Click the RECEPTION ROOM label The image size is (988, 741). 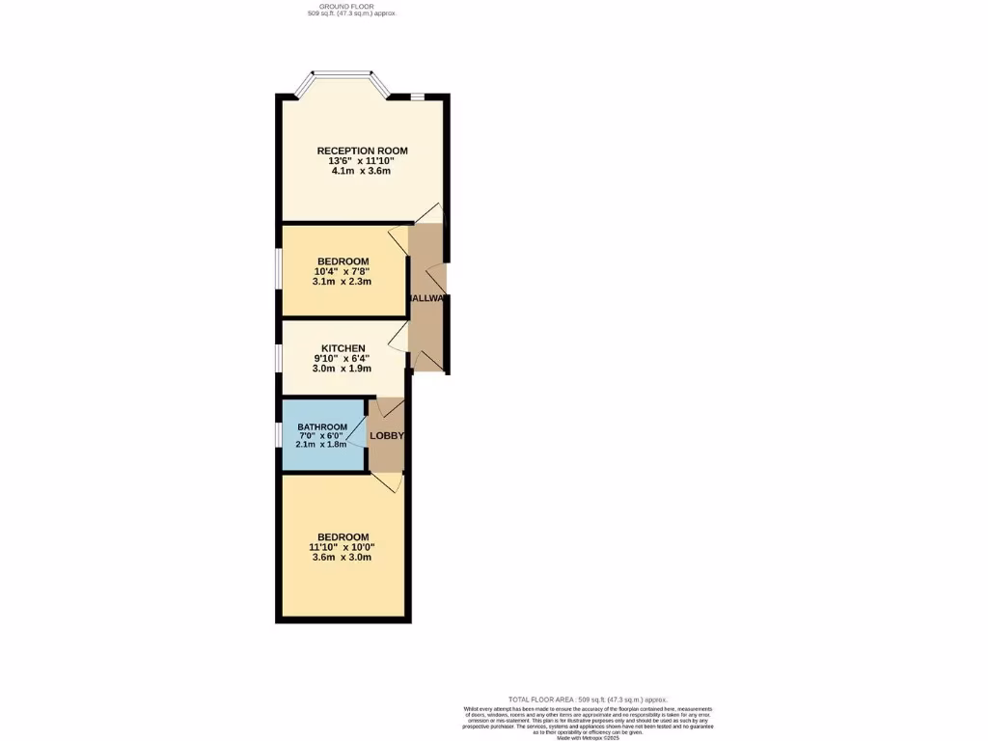[x=362, y=151]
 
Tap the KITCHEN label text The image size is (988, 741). [x=343, y=348]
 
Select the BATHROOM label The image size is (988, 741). [x=322, y=427]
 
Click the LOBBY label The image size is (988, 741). [x=387, y=436]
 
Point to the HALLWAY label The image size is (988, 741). [x=427, y=299]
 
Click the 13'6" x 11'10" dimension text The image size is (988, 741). [x=362, y=161]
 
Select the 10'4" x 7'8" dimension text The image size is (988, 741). [x=343, y=271]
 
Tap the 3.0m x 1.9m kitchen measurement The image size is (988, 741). [x=343, y=369]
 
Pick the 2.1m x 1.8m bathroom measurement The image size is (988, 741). [x=322, y=445]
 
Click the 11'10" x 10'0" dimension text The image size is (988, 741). [x=343, y=547]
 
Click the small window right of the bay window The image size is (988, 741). [x=417, y=96]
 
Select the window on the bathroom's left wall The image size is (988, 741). [x=278, y=435]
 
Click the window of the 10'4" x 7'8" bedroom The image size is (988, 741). [x=278, y=270]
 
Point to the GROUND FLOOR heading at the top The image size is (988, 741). [x=344, y=7]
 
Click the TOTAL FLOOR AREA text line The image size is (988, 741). [x=588, y=699]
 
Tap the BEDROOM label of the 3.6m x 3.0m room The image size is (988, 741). [x=343, y=537]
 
